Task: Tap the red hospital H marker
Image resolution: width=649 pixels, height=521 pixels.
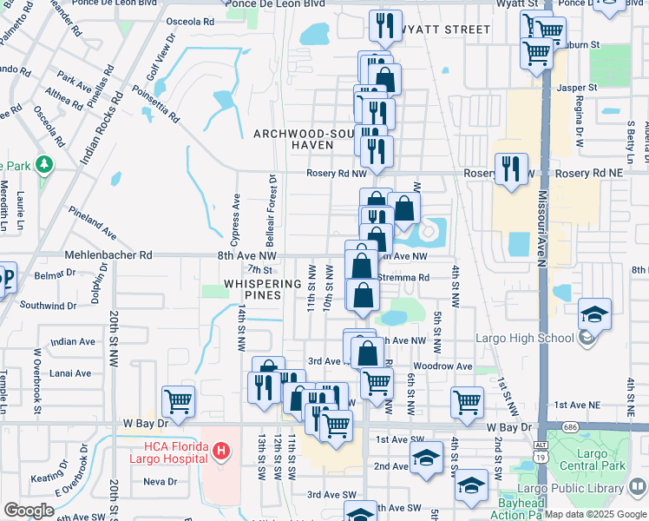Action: click(221, 451)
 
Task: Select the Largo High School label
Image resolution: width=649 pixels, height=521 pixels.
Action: click(535, 338)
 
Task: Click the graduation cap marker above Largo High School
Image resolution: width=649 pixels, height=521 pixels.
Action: click(595, 313)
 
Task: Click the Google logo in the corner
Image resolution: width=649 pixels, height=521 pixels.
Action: click(28, 511)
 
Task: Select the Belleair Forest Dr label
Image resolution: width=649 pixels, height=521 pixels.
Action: click(272, 208)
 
